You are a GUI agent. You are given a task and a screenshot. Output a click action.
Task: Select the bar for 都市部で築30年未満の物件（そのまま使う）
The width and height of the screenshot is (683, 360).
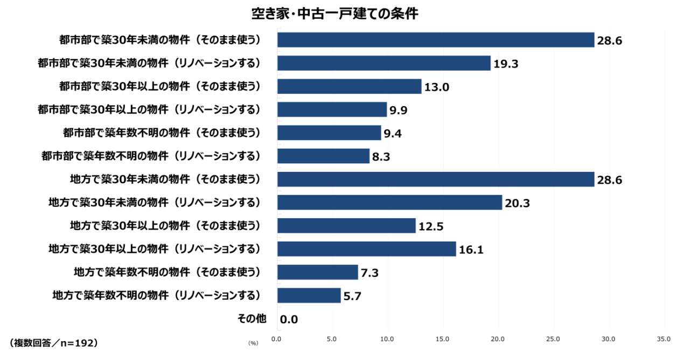[435, 40]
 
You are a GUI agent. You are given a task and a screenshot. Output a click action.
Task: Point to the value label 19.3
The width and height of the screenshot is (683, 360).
[506, 64]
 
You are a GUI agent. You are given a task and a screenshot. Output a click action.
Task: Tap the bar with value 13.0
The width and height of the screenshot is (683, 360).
[349, 87]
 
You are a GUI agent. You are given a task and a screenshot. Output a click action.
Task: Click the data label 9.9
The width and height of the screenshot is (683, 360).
[398, 110]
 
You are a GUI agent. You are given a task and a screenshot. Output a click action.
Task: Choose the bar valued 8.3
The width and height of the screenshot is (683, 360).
[323, 156]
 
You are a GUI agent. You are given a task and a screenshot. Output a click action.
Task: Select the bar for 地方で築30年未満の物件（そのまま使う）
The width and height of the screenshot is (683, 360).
[435, 179]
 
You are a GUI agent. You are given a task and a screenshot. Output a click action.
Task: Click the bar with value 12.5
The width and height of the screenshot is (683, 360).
[346, 226]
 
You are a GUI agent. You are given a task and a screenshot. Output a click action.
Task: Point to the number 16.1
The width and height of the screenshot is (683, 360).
[471, 250]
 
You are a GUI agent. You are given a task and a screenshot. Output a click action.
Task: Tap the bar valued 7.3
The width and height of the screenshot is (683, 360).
[317, 272]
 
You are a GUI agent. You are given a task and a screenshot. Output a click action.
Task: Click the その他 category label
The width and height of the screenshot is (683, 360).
[252, 319]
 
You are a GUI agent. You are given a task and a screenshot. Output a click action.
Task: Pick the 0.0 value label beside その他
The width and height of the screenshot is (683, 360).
[289, 320]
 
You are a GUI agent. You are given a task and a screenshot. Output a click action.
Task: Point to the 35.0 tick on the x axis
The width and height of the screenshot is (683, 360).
[664, 339]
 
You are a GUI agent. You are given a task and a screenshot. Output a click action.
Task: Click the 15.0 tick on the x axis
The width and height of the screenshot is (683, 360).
[443, 339]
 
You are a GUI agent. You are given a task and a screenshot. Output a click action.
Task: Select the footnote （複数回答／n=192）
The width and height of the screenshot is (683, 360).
[54, 342]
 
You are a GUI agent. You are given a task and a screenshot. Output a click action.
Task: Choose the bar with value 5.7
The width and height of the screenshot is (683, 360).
[309, 295]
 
